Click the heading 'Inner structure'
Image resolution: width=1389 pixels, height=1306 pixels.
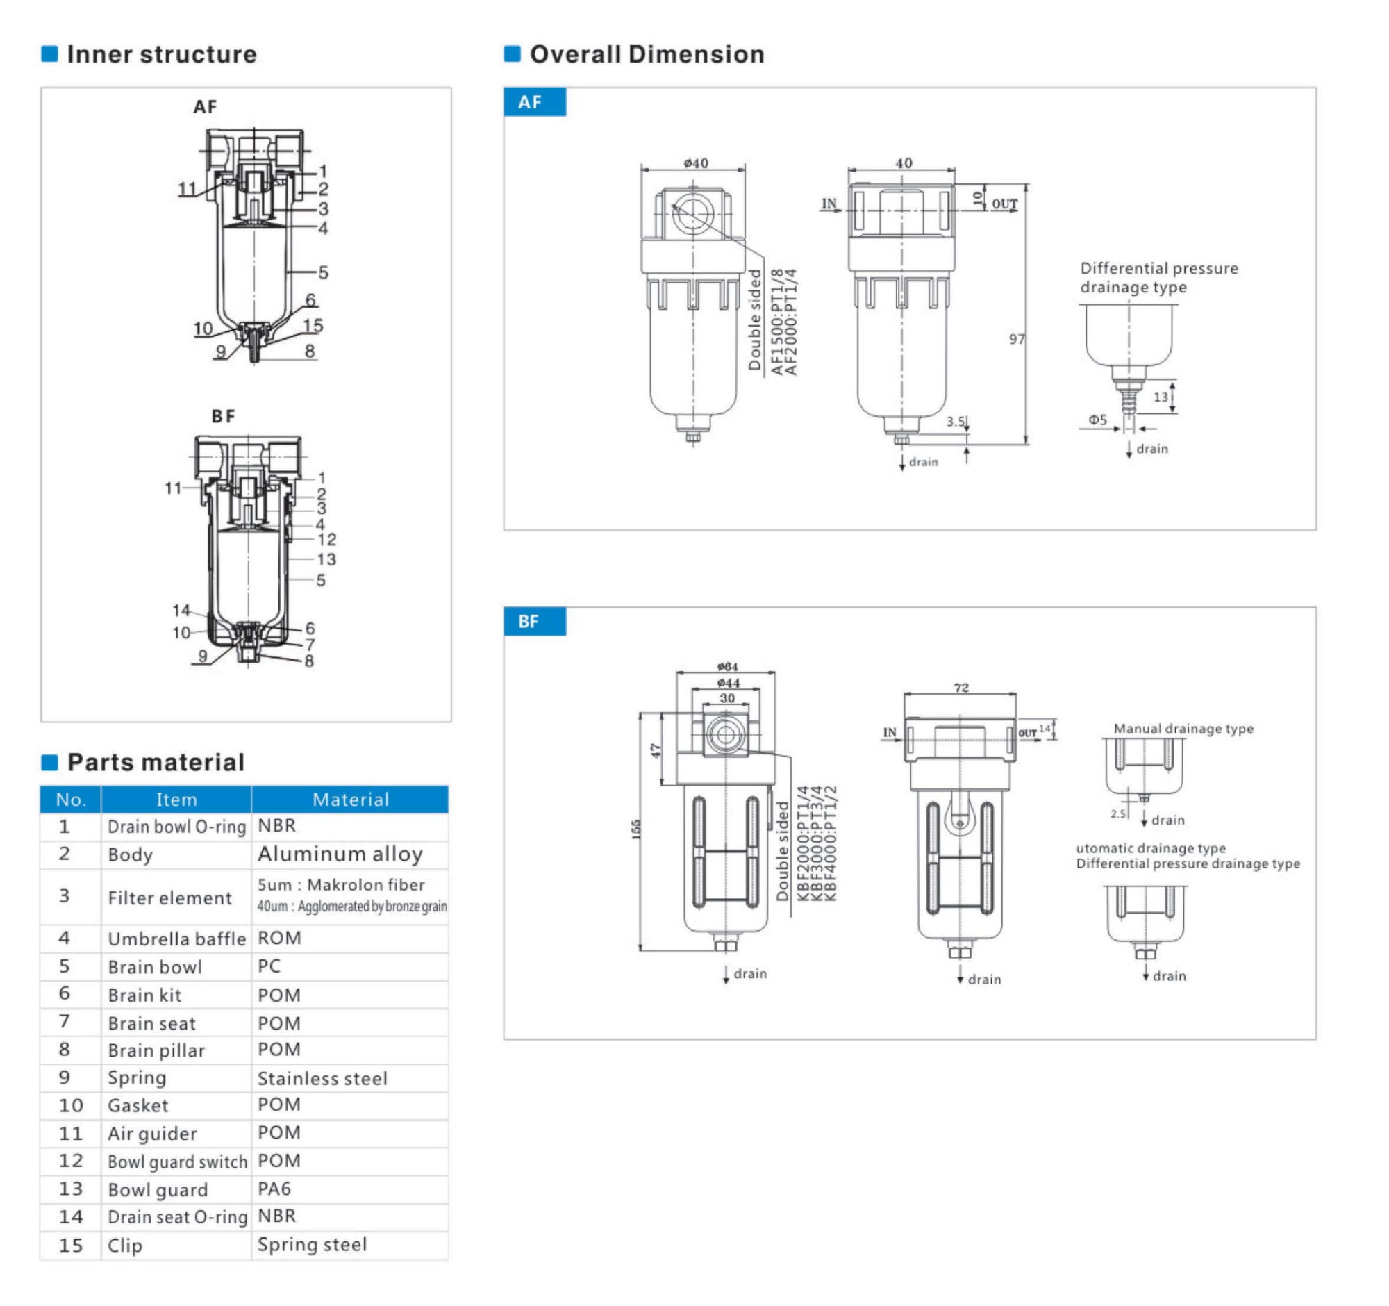pyautogui.click(x=161, y=54)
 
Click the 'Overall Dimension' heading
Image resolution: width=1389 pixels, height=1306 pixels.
pyautogui.click(x=647, y=54)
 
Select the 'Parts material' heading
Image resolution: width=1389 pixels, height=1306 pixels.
pyautogui.click(x=155, y=762)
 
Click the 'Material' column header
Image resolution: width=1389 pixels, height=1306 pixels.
pyautogui.click(x=350, y=800)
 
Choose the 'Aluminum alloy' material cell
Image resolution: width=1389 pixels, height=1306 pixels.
pyautogui.click(x=340, y=854)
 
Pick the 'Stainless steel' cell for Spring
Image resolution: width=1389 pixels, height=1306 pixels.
pyautogui.click(x=322, y=1078)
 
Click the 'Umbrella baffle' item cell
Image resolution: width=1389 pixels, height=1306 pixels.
pyautogui.click(x=176, y=939)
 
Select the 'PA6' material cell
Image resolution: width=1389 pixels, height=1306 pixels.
pyautogui.click(x=274, y=1189)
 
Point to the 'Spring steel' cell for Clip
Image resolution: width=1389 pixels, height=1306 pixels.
pyautogui.click(x=312, y=1244)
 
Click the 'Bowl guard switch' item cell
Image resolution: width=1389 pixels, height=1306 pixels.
pyautogui.click(x=178, y=1162)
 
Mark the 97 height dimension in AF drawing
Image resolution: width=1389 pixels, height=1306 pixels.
pyautogui.click(x=1017, y=340)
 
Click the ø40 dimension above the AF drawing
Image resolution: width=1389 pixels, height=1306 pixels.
pyautogui.click(x=695, y=163)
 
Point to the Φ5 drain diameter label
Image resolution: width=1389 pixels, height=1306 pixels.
pyautogui.click(x=1097, y=420)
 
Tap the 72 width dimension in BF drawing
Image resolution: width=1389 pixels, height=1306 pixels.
pyautogui.click(x=960, y=688)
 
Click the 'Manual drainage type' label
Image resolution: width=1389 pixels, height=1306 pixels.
pyautogui.click(x=1183, y=729)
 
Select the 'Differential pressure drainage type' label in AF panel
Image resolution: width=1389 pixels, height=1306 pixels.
pyautogui.click(x=1158, y=278)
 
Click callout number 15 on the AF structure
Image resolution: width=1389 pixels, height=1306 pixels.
pyautogui.click(x=313, y=326)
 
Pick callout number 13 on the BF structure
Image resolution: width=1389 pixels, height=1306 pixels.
pyautogui.click(x=326, y=559)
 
